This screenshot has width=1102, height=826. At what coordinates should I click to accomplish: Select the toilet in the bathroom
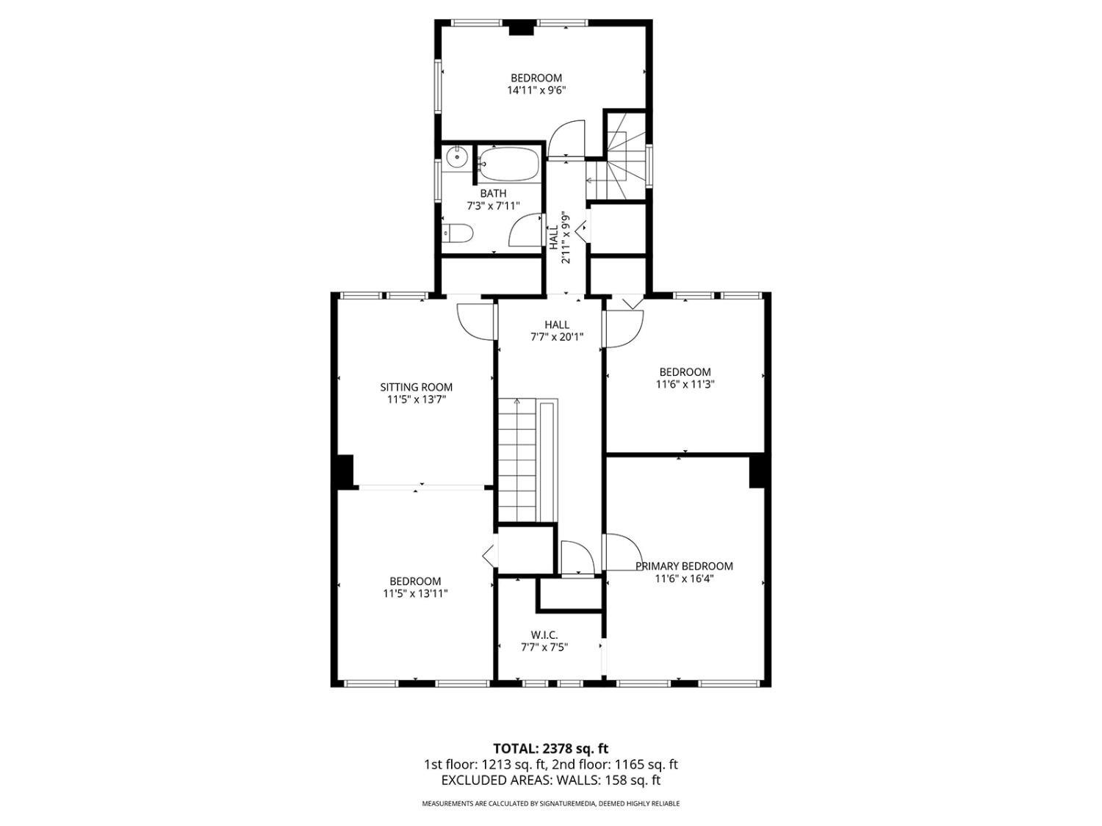pos(458,233)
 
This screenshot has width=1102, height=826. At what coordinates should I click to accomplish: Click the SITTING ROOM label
pos(416,387)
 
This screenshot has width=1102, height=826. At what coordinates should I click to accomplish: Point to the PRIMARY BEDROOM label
pos(684,566)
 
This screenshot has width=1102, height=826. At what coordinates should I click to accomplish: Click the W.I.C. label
pos(544,634)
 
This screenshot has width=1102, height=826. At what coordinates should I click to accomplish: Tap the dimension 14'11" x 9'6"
pos(536,90)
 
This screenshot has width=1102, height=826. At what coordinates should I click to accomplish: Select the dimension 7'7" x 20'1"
pos(556,337)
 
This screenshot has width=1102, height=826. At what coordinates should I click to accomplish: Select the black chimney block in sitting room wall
pos(345,471)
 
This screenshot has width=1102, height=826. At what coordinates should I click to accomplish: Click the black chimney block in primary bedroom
pos(757,471)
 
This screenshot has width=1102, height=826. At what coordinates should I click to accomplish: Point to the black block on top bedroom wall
pos(521,28)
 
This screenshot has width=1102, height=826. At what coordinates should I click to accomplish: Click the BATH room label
pos(493,193)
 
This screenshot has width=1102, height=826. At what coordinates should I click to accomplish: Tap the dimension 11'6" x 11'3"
pos(685,384)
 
